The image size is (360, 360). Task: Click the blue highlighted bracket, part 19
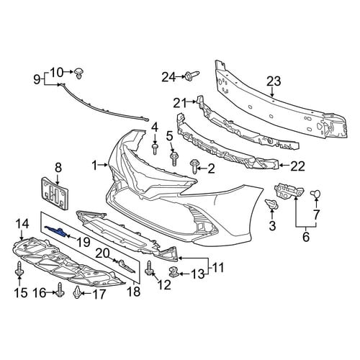[x=56, y=231]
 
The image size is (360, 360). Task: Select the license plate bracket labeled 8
[x=55, y=193]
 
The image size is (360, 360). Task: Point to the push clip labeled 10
[x=80, y=73]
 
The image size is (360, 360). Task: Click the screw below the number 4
[x=155, y=149]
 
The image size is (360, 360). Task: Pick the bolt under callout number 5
[x=174, y=158]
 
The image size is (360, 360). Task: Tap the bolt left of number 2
[x=194, y=166]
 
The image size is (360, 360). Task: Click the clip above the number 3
[x=272, y=204]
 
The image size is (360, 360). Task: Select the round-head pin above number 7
[x=316, y=194]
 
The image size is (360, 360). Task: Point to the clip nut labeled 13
[x=174, y=272]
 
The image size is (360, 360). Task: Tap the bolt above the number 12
[x=149, y=268]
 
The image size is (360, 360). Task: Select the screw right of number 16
[x=60, y=290]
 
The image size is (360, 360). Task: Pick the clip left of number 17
[x=77, y=292]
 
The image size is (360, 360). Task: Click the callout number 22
[x=297, y=166]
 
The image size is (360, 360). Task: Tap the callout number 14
[x=22, y=224]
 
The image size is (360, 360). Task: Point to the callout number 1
[x=95, y=166]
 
